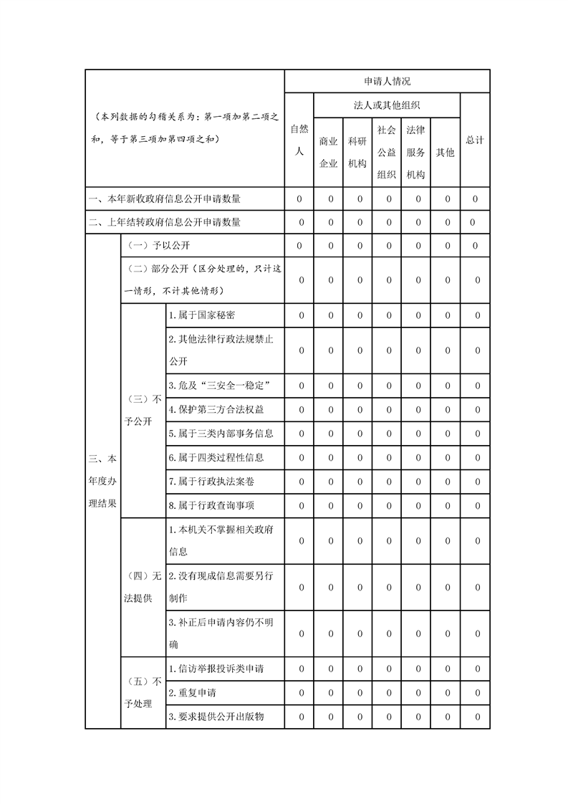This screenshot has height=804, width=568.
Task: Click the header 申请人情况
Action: click(387, 81)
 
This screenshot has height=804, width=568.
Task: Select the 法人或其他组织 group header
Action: click(387, 105)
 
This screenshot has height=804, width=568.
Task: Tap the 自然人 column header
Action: click(299, 140)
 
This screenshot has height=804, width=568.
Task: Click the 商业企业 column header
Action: click(328, 152)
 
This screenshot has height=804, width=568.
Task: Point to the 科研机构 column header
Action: click(357, 152)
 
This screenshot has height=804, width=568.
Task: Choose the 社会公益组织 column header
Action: click(387, 152)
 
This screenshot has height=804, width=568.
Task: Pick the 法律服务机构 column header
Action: click(415, 152)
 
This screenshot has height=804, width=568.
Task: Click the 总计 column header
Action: click(474, 140)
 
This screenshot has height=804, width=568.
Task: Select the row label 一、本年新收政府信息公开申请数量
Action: click(164, 198)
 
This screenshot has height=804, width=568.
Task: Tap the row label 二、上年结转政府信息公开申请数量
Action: click(164, 222)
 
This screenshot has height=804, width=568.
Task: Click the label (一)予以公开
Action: click(158, 246)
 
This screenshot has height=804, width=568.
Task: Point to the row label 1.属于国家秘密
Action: click(201, 315)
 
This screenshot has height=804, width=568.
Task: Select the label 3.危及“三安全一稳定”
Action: click(218, 386)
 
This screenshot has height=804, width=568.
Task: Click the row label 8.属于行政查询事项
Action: click(211, 505)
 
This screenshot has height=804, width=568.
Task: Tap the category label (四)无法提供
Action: click(143, 587)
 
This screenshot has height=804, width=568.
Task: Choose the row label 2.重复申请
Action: click(193, 693)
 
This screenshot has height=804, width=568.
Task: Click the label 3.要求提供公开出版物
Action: click(216, 717)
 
